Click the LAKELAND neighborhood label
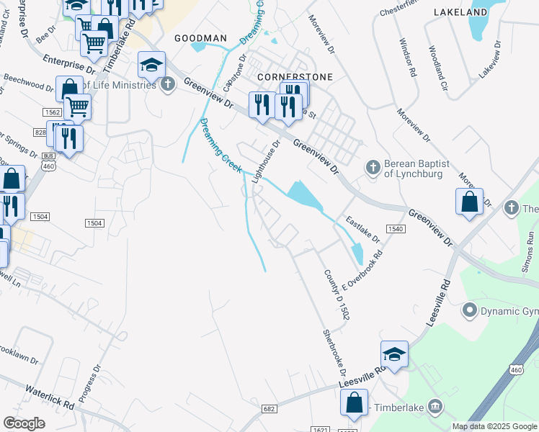tap(460, 12)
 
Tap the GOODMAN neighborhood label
tap(200, 38)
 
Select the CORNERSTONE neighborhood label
tap(285, 76)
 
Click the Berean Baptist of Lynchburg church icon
tap(373, 168)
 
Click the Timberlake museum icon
tap(435, 408)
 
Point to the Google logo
tap(24, 423)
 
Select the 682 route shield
tap(269, 409)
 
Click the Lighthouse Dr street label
tap(265, 161)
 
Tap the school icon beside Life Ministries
tap(152, 66)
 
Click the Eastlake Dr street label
tap(362, 228)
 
